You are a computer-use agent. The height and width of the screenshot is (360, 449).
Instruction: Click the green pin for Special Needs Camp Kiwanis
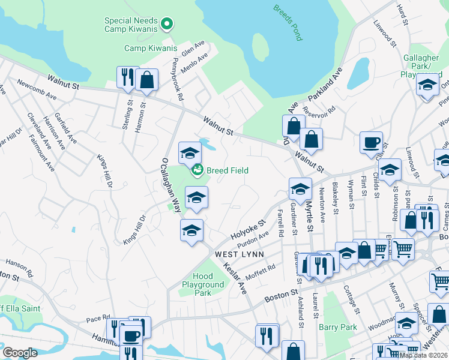point(167,25)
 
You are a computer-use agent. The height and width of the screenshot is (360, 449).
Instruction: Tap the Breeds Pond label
point(288,23)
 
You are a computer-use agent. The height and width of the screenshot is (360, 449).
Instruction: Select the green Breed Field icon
point(196,171)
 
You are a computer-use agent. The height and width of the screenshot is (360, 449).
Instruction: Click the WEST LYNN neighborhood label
point(240,254)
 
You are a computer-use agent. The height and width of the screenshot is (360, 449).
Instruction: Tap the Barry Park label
point(337,327)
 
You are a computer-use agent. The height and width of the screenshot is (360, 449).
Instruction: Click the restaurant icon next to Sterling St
point(127,77)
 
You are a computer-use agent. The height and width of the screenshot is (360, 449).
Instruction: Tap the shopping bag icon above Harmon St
point(146,80)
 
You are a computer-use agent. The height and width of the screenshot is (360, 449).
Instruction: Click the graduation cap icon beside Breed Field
point(190,154)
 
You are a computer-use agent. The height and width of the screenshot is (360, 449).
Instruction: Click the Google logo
point(20,353)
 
